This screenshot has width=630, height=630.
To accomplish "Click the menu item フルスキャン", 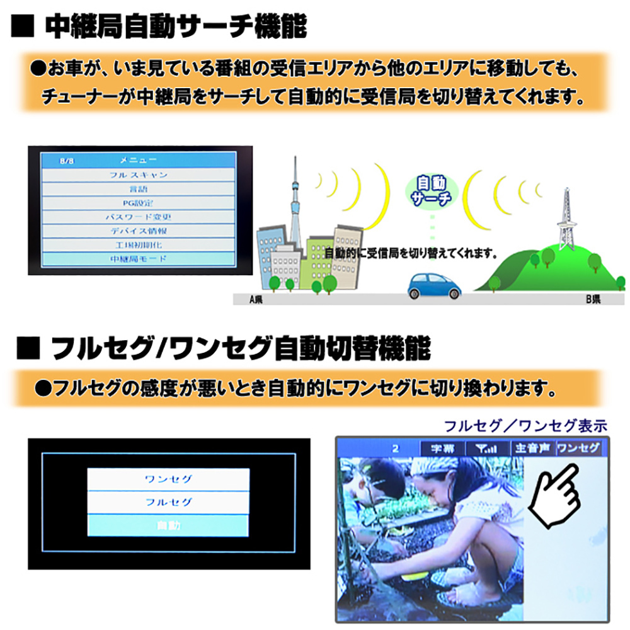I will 138,175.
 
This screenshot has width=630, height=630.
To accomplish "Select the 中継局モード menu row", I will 138,258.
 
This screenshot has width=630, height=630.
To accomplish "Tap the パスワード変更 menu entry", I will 138,216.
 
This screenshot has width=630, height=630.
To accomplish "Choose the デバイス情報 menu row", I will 138,230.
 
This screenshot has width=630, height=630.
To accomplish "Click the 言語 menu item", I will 138,188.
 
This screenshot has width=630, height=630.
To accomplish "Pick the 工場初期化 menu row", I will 138,244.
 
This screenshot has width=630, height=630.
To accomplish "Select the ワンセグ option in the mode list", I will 168,479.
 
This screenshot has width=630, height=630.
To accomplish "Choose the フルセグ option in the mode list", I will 168,503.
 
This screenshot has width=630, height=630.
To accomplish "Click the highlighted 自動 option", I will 168,525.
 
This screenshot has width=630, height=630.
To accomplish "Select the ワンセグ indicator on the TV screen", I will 578,449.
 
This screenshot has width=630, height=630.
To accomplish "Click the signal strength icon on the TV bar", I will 486,449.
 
